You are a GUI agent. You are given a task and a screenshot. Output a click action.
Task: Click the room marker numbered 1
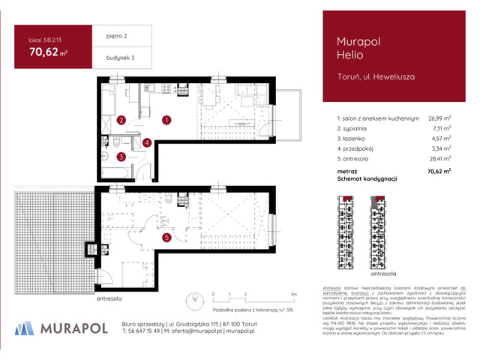coord(166,118)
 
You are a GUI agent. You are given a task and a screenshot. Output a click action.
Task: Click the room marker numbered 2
coord(121,120)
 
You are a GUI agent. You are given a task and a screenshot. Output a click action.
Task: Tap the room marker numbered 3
coord(121,157)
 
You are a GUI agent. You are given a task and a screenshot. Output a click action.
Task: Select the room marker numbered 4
coord(148,142)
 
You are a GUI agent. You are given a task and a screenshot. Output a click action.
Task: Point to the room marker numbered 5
coord(166,238)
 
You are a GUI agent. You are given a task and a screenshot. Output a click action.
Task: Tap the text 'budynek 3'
coord(112,58)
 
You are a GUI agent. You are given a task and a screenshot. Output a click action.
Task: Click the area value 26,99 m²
coord(439,118)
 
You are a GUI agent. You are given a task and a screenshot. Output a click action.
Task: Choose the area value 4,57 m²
coord(440,138)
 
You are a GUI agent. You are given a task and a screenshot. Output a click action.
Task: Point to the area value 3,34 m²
coord(440,148)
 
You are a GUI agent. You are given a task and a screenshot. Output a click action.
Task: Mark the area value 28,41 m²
coord(439,159)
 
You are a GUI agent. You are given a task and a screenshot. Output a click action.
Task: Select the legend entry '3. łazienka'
coord(353,138)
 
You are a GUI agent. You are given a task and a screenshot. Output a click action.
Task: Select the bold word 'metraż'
coord(347,171)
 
